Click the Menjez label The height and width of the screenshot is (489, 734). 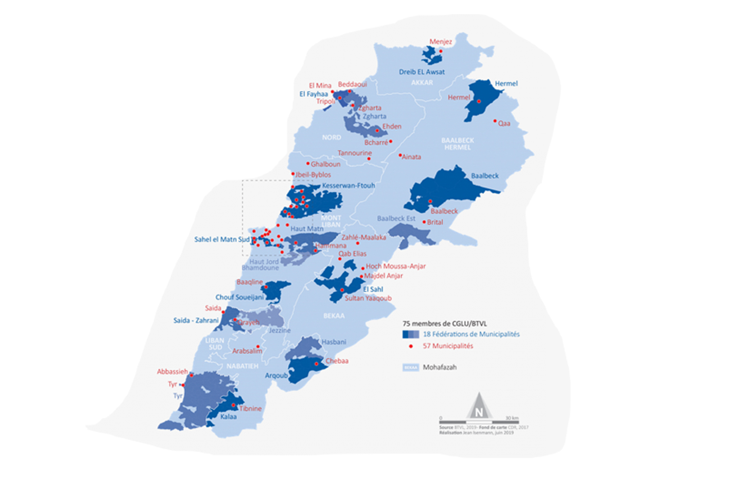440,42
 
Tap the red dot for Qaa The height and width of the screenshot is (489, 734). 495,121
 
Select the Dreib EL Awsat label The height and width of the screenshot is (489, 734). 422,72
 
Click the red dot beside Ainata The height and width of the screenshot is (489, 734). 400,156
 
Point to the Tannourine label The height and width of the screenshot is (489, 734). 355,153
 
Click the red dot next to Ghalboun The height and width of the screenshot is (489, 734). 308,163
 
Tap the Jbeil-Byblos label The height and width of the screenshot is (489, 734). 313,175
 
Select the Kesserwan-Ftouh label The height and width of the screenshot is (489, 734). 348,186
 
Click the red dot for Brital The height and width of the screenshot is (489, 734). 424,222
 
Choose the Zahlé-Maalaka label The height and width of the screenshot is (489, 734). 364,238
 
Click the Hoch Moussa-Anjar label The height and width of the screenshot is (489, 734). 396,267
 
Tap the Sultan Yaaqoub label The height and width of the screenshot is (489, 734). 368,298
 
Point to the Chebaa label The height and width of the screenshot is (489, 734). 337,361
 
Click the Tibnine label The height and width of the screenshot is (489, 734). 251,408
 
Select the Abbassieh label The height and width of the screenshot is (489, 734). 172,372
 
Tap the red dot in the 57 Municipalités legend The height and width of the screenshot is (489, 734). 411,346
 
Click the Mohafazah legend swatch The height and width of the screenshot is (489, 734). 411,367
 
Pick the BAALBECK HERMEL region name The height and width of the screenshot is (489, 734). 458,144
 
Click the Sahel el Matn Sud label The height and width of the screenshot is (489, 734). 222,240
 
